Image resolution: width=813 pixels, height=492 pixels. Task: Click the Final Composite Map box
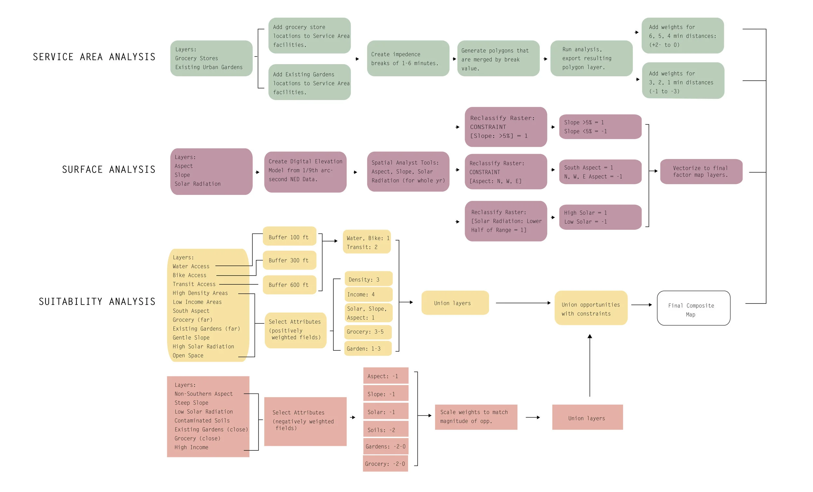[x=693, y=308]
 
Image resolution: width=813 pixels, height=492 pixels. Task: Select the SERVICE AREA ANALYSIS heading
[x=94, y=57]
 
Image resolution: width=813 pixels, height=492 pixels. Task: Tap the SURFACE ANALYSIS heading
[x=109, y=170]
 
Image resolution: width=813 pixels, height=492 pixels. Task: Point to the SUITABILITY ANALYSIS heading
[x=97, y=301]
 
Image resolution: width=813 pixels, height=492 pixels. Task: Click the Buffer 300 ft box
[x=289, y=260]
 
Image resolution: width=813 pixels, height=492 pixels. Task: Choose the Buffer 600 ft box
[x=289, y=285]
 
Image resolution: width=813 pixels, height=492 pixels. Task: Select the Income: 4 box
[x=368, y=294]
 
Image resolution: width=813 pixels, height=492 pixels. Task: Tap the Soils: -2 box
[x=385, y=429]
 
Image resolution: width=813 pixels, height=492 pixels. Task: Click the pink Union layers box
[x=587, y=417]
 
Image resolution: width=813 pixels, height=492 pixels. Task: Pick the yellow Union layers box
[x=455, y=303]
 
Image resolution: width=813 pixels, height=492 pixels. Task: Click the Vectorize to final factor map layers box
[x=701, y=172]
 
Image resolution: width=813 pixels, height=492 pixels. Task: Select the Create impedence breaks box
[x=408, y=58]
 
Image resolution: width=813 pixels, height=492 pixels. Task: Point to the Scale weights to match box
[x=476, y=417]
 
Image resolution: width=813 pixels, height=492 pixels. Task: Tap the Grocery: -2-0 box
[x=385, y=463]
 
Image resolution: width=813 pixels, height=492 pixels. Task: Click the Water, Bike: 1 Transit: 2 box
[x=367, y=242]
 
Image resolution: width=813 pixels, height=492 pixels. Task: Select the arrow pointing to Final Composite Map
[x=641, y=305]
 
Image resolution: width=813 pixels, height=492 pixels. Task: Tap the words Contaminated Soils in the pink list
[x=202, y=421]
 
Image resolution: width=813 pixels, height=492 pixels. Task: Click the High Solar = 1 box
[x=600, y=217]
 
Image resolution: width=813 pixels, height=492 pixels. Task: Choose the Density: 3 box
[x=368, y=279]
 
